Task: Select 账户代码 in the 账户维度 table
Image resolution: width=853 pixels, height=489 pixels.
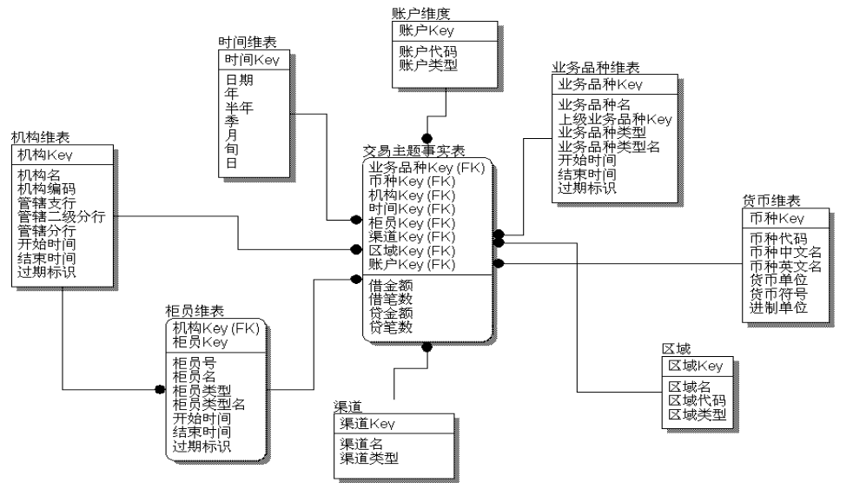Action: tap(427, 51)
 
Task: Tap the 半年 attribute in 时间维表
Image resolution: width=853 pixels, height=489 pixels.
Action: tap(241, 108)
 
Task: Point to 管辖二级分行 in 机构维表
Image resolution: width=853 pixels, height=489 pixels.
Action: tap(61, 216)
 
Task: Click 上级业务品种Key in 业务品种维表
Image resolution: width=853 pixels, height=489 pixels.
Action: tap(614, 119)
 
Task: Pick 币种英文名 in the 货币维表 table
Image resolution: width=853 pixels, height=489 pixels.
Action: tap(784, 266)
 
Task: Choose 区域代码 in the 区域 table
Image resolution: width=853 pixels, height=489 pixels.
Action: tap(697, 400)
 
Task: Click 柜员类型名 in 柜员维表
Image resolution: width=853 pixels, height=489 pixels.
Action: tap(209, 404)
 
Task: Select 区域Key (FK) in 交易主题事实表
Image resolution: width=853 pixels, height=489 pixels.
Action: tap(412, 250)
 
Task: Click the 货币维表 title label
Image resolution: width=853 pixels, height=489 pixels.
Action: tap(771, 200)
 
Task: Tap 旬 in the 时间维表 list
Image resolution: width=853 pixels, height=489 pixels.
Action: tap(231, 149)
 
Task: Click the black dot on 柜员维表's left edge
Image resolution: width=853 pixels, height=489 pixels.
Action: tap(160, 390)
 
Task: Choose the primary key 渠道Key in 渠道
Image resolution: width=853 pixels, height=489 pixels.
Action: tap(367, 424)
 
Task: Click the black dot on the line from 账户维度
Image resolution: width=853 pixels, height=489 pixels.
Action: tap(426, 138)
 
